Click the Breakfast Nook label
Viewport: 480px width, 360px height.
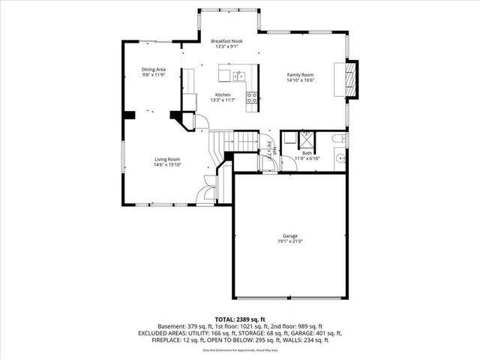[226, 40]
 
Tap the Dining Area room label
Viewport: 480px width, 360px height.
[154, 70]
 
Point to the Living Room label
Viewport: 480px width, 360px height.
[167, 159]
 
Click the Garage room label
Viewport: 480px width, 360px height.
[290, 235]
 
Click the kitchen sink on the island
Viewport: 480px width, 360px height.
[238, 75]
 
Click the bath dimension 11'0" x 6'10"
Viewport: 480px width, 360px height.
[307, 159]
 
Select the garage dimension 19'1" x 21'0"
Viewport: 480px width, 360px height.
[290, 241]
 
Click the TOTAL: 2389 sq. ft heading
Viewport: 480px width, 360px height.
[240, 319]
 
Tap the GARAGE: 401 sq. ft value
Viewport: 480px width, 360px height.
[318, 333]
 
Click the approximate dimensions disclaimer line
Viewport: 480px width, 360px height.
[240, 349]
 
